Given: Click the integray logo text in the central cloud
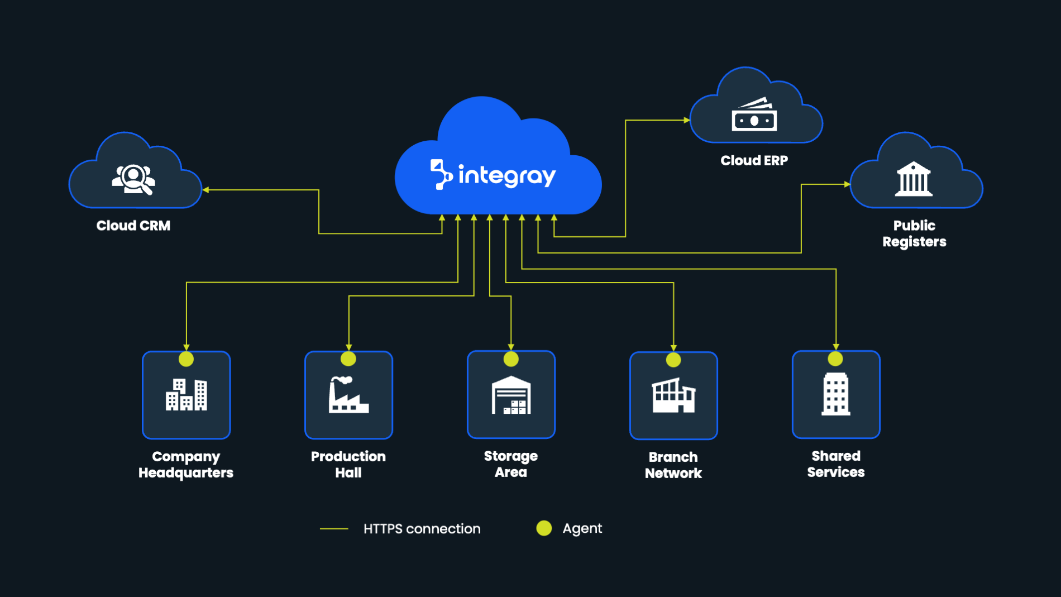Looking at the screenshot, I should (506, 175).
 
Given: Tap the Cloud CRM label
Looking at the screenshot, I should (133, 226).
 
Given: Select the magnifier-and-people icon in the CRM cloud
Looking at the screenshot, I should (133, 179).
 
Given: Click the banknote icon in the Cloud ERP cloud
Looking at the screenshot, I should (754, 116).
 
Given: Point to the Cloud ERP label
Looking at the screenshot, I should (754, 161).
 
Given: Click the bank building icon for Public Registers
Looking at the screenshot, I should (914, 179).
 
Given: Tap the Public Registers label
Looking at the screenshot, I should (914, 233).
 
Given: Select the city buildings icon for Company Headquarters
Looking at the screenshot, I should (187, 395).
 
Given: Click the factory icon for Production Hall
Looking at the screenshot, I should (348, 395).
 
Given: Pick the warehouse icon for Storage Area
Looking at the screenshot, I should (511, 395).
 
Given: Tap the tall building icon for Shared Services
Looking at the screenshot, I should (836, 394).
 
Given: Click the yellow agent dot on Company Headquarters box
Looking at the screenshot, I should (186, 359).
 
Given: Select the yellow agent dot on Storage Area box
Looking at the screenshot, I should (511, 359).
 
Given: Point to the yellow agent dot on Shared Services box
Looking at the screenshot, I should (835, 359).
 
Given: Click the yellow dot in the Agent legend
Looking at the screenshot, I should (544, 528).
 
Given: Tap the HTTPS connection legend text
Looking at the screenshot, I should (422, 529).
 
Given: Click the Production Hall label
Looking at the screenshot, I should (348, 465).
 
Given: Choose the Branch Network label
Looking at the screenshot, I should (673, 465).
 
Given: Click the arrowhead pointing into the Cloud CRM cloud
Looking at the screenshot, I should (205, 190).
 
